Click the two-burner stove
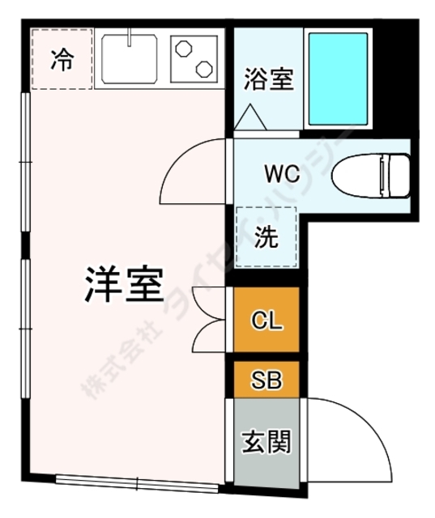195,58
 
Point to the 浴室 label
268,80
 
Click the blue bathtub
338,79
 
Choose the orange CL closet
267,321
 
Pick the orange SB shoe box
267,380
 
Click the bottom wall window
138,484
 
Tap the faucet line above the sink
131,37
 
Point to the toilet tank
398,174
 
